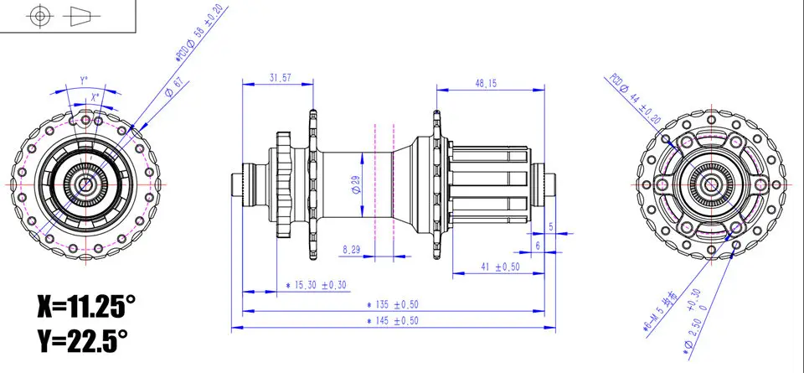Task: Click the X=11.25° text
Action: [85, 306]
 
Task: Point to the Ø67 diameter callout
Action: [174, 87]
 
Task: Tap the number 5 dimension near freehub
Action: [550, 227]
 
